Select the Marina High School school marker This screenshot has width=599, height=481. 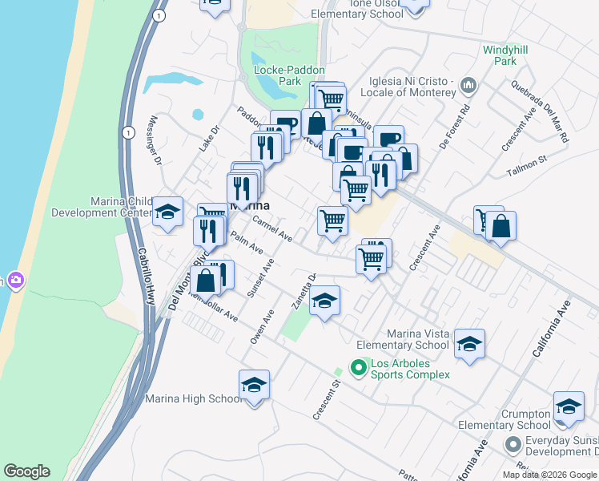(x=254, y=386)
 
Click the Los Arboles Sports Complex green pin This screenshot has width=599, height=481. (x=357, y=368)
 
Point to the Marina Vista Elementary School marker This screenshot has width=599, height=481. (x=469, y=344)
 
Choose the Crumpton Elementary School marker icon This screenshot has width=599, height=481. (x=569, y=407)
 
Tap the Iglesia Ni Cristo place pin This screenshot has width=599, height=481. (x=469, y=85)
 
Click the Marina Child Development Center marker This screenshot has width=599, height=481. (x=168, y=212)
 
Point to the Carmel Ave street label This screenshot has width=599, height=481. (x=272, y=228)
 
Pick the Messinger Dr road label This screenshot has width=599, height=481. (x=155, y=140)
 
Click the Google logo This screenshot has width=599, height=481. (x=26, y=471)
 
